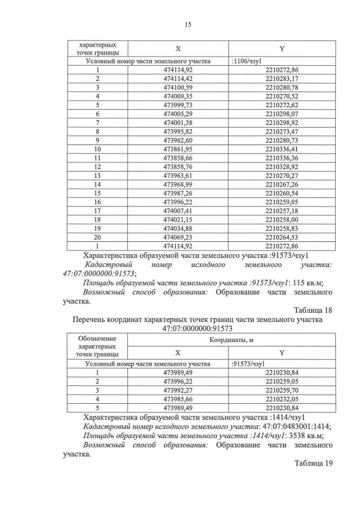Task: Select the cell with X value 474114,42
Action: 178,79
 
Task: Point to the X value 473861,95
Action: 178,149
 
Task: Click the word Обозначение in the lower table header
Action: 97,338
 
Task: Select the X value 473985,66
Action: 178,399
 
